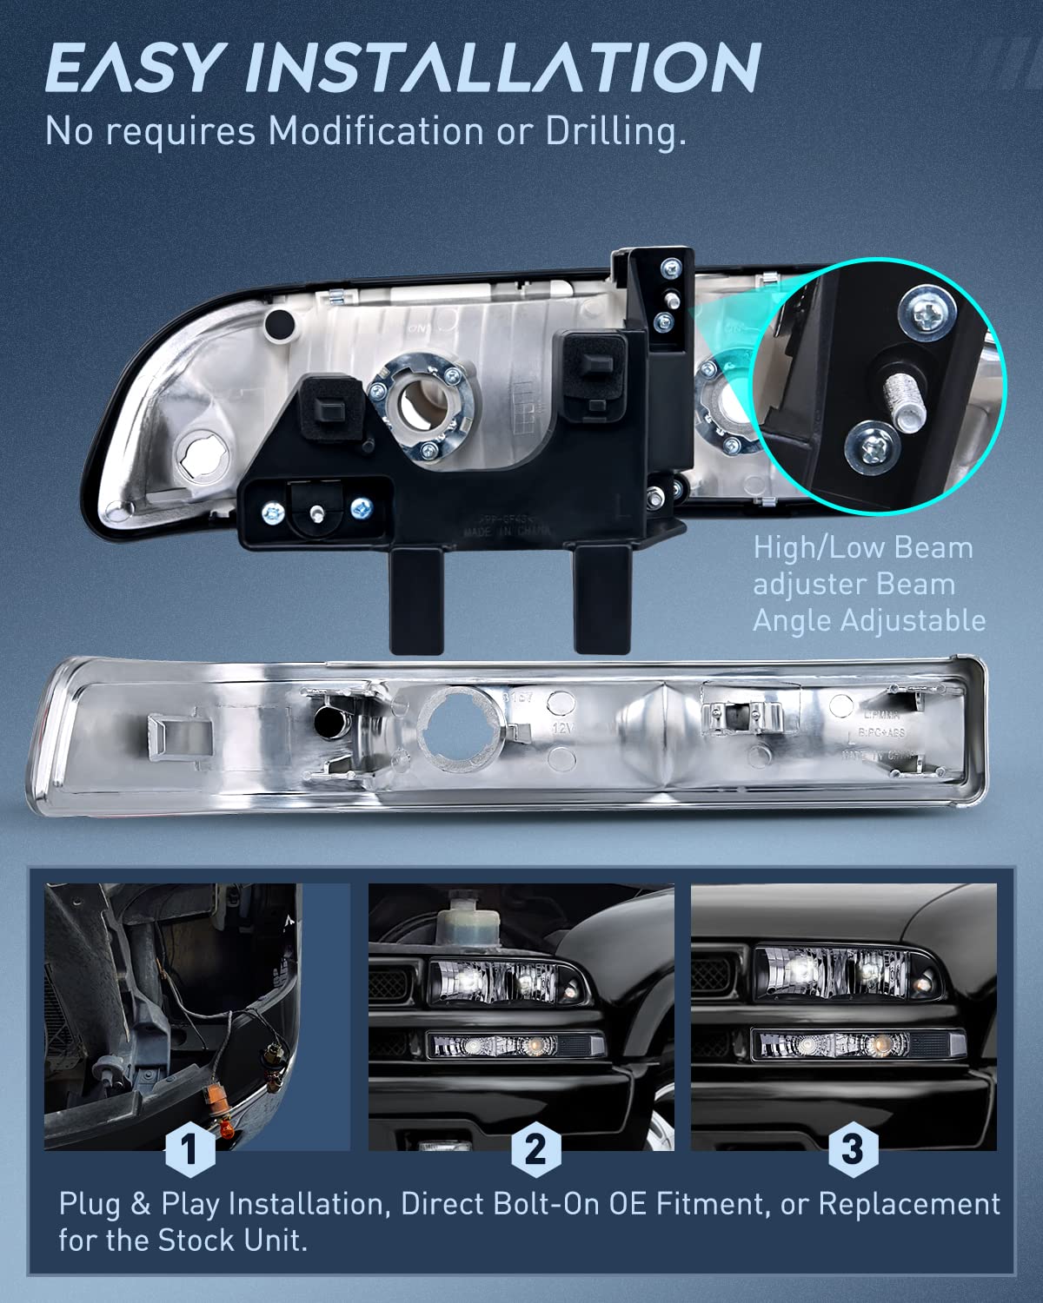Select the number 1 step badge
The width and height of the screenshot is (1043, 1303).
pos(189,1149)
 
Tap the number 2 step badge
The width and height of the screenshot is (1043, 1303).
pos(535,1149)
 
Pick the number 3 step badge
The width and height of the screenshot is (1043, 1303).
pos(852,1149)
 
